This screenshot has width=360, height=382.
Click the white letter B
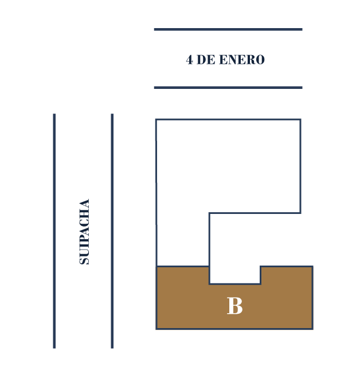point(234,306)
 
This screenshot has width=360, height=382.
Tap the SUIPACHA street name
point(84,231)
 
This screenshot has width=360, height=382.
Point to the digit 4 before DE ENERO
point(189,60)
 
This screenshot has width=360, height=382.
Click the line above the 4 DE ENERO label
point(228,29)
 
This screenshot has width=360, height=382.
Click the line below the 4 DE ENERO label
point(228,87)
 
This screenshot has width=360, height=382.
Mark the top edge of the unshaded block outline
point(228,119)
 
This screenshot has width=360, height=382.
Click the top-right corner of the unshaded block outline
point(300,119)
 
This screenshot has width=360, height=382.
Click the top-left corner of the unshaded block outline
point(156,119)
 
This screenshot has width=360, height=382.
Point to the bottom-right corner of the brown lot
point(312,329)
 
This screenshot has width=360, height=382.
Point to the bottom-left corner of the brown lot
point(156,329)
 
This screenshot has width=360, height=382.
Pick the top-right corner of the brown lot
point(312,267)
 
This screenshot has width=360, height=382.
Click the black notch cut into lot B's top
point(235,275)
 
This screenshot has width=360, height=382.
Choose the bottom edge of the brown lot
point(234,329)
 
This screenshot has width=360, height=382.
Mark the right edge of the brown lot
point(312,298)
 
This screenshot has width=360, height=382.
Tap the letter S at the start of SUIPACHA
point(84,260)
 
